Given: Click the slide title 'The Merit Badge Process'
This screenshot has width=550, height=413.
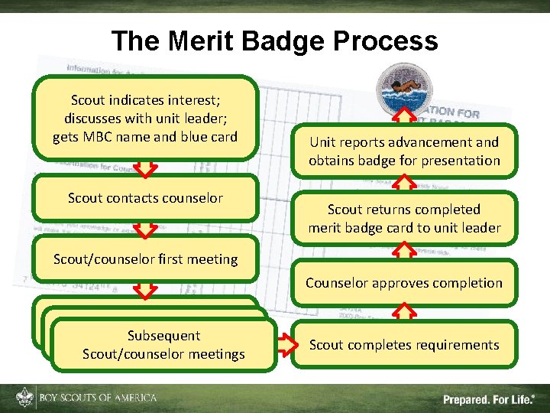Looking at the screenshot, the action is coord(274,41).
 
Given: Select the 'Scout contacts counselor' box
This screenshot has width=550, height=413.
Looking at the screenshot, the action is coord(145,198).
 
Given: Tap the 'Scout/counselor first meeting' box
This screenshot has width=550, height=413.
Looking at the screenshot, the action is coord(145,259).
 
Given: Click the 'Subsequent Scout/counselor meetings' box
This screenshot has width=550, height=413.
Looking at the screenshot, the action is coord(163,345).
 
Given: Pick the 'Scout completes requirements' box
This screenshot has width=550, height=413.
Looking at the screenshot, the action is coord(404,345).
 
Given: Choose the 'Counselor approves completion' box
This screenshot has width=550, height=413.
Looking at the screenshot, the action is coord(404,283).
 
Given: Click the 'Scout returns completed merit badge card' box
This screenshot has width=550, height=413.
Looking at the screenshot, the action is coord(404,218).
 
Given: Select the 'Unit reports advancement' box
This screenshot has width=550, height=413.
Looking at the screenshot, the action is coord(404,151).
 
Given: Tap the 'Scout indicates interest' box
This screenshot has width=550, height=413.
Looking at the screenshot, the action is coord(145,119).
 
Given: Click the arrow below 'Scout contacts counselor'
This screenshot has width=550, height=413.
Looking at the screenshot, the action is coord(145,228).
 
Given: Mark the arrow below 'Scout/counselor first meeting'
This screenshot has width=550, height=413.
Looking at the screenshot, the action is coord(145,287).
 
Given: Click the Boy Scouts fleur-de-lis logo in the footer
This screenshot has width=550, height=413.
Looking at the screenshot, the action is coord(24,398).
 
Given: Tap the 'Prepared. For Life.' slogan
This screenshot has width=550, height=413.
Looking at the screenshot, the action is coord(489,398).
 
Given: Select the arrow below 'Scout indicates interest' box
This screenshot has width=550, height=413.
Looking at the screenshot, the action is coord(145,166).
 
